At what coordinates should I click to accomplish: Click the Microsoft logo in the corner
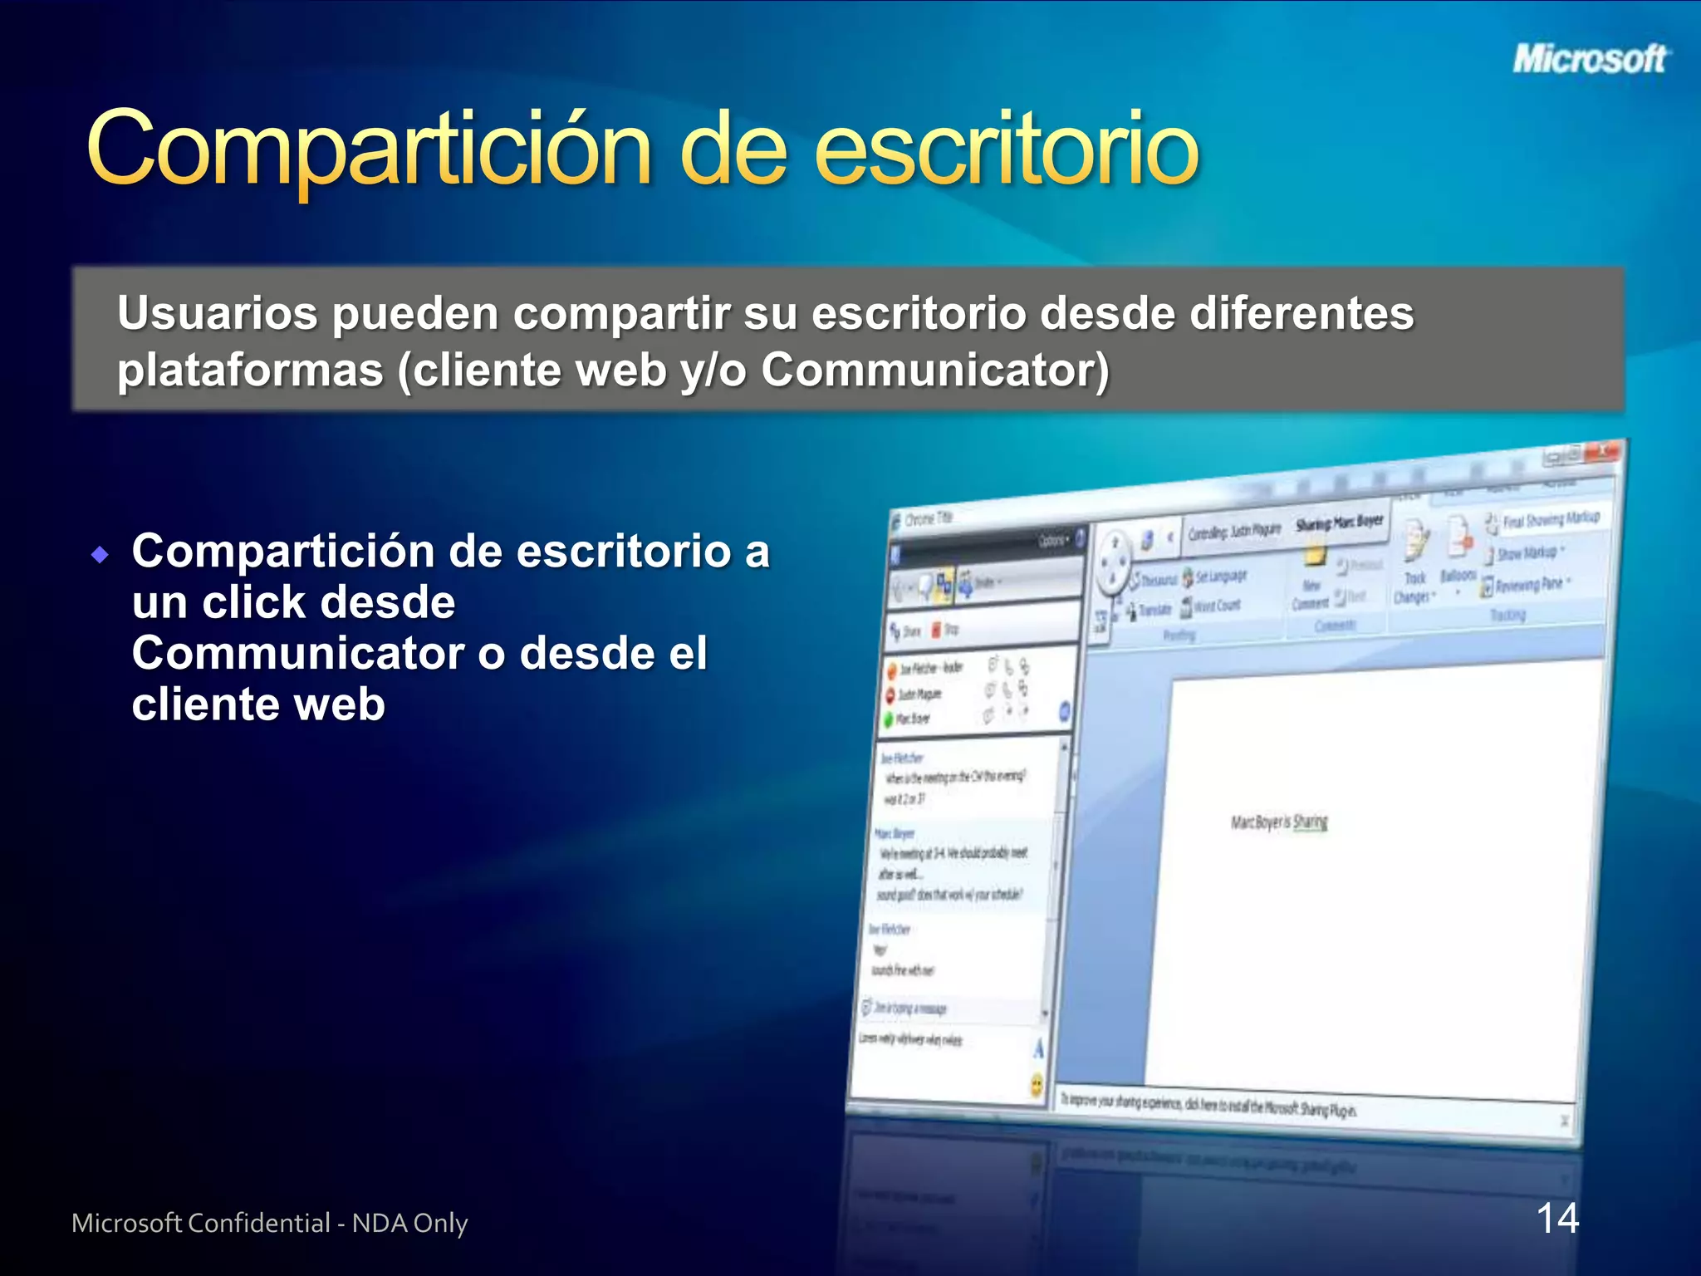(x=1588, y=59)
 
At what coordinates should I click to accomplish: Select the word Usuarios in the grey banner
(x=218, y=314)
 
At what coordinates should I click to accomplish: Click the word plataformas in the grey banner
(x=250, y=371)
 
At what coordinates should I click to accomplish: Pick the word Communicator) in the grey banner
(x=935, y=371)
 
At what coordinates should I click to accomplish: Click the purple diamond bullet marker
(x=100, y=554)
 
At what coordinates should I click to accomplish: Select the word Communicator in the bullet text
(x=297, y=654)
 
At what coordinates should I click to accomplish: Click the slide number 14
(x=1557, y=1219)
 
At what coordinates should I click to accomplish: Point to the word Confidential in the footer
(x=258, y=1223)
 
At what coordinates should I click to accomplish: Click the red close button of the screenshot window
(x=1602, y=452)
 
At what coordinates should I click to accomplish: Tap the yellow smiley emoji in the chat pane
(x=1037, y=1084)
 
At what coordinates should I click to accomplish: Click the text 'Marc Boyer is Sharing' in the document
(x=1279, y=822)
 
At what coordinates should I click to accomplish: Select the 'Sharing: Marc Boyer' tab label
(x=1339, y=523)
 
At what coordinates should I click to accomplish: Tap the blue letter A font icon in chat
(x=1038, y=1049)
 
